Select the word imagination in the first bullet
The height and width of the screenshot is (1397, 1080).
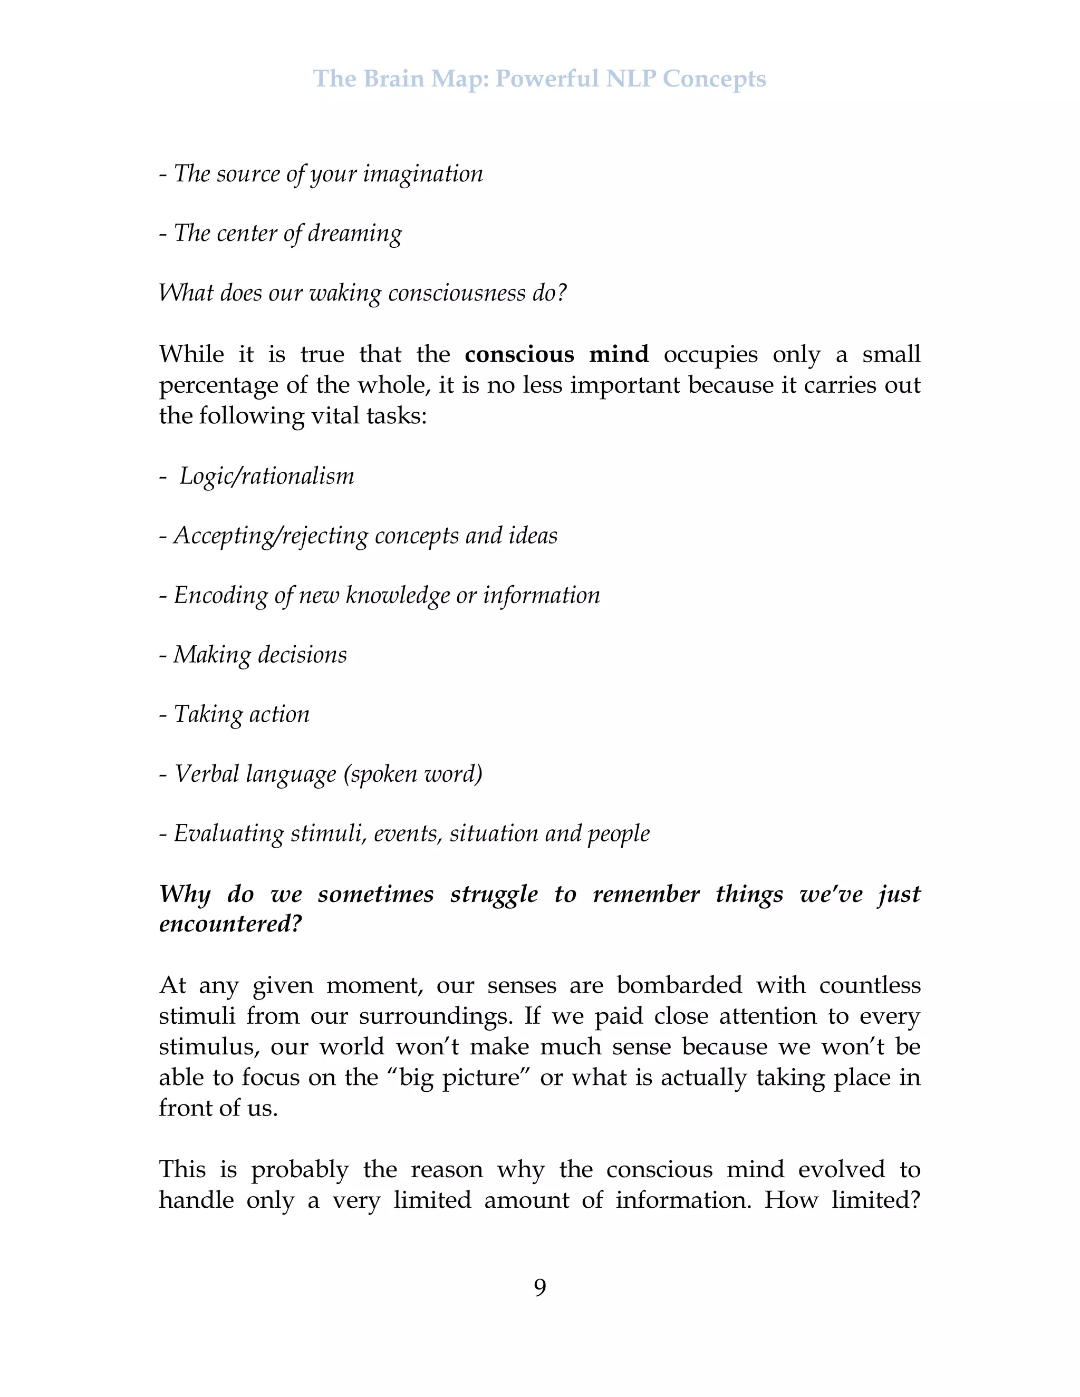[x=423, y=174]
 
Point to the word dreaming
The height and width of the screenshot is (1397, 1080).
[x=354, y=234]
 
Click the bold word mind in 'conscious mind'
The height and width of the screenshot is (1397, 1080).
[x=619, y=354]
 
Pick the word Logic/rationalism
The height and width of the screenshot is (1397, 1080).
[x=266, y=477]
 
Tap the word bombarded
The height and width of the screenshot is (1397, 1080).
[x=679, y=985]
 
